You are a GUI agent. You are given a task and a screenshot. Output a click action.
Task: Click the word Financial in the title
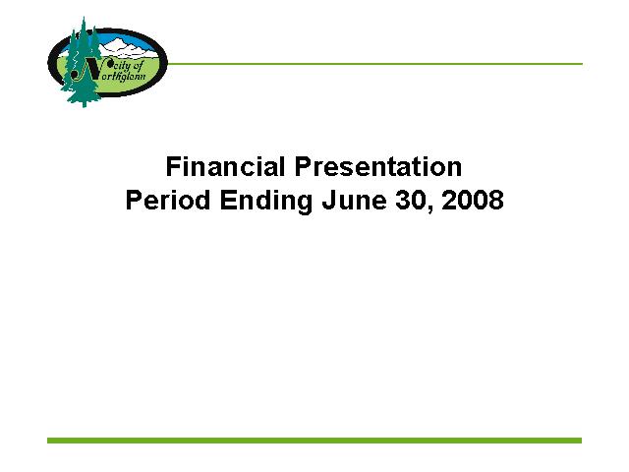click(x=225, y=166)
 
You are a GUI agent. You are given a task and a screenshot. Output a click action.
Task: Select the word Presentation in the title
click(x=378, y=166)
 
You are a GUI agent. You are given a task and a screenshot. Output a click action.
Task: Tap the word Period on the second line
click(x=168, y=200)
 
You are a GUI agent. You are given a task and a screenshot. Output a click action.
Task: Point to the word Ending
click(x=266, y=201)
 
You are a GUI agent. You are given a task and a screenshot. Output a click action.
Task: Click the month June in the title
click(x=355, y=200)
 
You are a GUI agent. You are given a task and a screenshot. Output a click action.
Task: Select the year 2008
click(x=473, y=200)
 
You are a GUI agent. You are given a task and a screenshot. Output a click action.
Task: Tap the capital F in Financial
click(x=173, y=166)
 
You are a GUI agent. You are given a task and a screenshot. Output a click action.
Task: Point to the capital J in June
click(x=328, y=200)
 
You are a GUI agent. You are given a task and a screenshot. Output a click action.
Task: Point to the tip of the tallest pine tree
click(x=84, y=17)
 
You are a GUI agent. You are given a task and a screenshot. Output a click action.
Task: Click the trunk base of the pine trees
click(x=84, y=104)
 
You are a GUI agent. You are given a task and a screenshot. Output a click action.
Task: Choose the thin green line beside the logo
click(x=374, y=64)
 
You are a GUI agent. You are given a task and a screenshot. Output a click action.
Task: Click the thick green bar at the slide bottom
click(x=314, y=441)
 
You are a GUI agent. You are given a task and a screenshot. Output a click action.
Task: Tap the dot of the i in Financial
click(x=184, y=157)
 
